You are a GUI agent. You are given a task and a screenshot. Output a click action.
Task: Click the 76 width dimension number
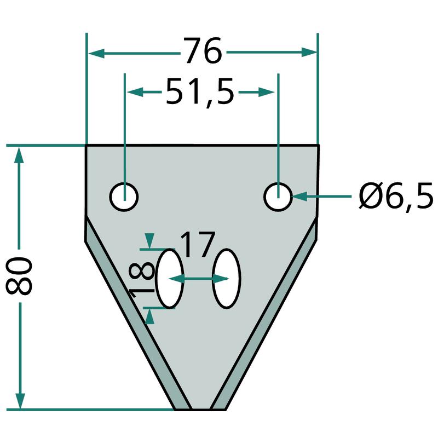tap(203, 50)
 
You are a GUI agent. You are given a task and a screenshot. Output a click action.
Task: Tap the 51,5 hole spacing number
tap(200, 91)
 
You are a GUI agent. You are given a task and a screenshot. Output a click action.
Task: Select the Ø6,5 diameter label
tap(396, 196)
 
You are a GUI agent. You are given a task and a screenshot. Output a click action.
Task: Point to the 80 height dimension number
tap(19, 276)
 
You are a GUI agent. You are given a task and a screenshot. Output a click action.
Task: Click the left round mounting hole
tap(124, 197)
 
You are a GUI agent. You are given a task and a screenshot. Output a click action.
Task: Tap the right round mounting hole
tap(278, 197)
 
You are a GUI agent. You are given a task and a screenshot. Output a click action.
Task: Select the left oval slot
tap(170, 278)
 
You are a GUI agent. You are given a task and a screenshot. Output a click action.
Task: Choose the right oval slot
tap(227, 278)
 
